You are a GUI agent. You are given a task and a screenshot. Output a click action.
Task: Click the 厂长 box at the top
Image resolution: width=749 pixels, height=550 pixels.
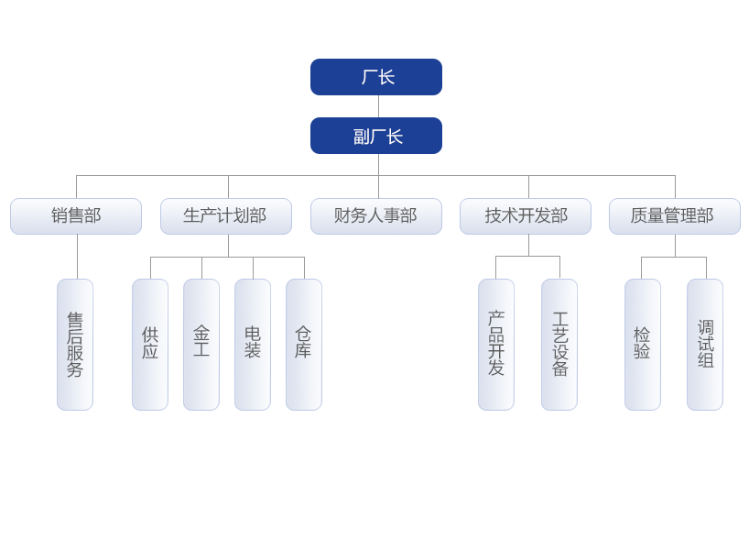[376, 77]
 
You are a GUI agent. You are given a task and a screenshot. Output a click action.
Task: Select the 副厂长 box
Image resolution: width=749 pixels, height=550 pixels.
[376, 136]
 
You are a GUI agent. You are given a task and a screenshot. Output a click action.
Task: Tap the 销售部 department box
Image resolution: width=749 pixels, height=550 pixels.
[76, 216]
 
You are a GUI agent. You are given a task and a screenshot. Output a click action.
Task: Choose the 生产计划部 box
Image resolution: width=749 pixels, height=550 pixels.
[226, 216]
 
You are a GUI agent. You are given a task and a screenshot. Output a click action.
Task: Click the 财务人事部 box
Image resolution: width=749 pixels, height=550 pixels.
[375, 216]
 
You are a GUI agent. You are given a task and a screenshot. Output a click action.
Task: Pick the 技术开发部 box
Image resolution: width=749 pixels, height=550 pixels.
[526, 216]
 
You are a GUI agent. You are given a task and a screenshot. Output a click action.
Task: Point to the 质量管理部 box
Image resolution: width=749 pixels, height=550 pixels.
[674, 216]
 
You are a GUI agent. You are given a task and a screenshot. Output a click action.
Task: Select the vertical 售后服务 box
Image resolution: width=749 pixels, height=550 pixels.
[75, 345]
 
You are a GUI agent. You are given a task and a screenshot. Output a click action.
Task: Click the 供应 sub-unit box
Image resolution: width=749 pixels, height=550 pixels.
[150, 345]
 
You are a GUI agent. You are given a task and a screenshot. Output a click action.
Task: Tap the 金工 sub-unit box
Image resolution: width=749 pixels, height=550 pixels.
[201, 345]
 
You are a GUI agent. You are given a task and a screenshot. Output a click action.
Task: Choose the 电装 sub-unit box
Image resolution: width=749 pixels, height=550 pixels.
[253, 345]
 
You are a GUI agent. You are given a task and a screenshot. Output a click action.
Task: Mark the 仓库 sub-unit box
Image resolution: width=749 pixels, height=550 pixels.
[304, 345]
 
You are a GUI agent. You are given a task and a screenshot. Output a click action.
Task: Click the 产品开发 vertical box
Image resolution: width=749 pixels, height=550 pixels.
[496, 345]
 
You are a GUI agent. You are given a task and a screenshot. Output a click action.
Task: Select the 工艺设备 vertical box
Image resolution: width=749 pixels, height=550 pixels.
[559, 345]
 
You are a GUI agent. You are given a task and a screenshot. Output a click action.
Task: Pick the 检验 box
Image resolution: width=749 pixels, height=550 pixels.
[643, 345]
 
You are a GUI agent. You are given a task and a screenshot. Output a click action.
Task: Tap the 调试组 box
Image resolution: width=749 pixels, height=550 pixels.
[705, 345]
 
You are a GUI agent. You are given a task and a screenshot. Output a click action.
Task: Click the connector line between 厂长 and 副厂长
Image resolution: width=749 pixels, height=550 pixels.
[378, 106]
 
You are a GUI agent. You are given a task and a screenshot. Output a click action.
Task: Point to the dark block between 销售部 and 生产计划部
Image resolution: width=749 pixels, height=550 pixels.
[151, 215]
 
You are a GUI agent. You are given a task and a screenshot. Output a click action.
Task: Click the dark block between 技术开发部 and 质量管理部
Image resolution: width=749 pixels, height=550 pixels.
[600, 215]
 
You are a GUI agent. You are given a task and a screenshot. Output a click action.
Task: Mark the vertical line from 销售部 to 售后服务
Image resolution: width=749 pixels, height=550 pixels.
[78, 257]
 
